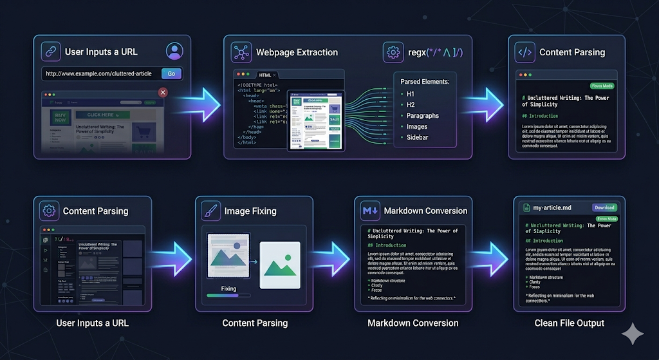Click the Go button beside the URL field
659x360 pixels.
(x=171, y=73)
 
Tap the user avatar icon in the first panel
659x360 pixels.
(x=174, y=51)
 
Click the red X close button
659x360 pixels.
(x=163, y=93)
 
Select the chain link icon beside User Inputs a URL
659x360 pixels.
(x=51, y=52)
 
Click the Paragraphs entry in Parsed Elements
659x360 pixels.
(x=422, y=115)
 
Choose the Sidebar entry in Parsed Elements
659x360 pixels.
(x=418, y=137)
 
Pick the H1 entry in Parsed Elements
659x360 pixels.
(x=411, y=94)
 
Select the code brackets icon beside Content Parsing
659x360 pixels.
(x=524, y=52)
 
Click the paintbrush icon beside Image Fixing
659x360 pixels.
(x=210, y=211)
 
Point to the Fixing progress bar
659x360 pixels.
(x=228, y=296)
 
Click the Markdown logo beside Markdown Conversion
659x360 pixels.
(x=369, y=211)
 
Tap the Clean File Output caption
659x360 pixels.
(x=569, y=323)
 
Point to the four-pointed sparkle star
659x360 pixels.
(x=633, y=334)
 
